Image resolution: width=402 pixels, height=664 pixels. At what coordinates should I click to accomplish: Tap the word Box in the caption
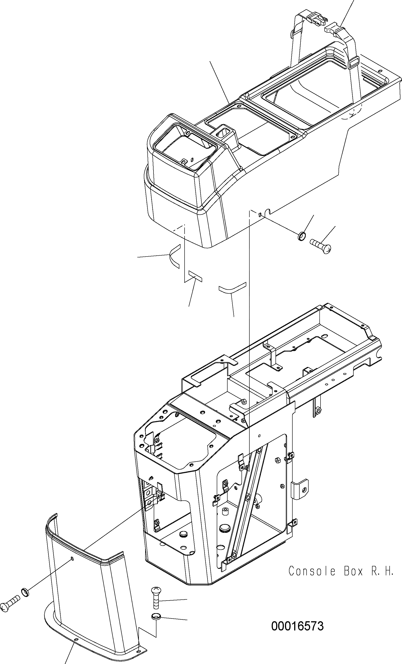click(353, 571)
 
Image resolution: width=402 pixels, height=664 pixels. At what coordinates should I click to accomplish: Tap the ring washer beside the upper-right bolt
click(302, 236)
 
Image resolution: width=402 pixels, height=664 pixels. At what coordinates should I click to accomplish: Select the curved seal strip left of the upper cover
click(173, 256)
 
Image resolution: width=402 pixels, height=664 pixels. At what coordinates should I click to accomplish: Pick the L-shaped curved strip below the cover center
click(232, 288)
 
